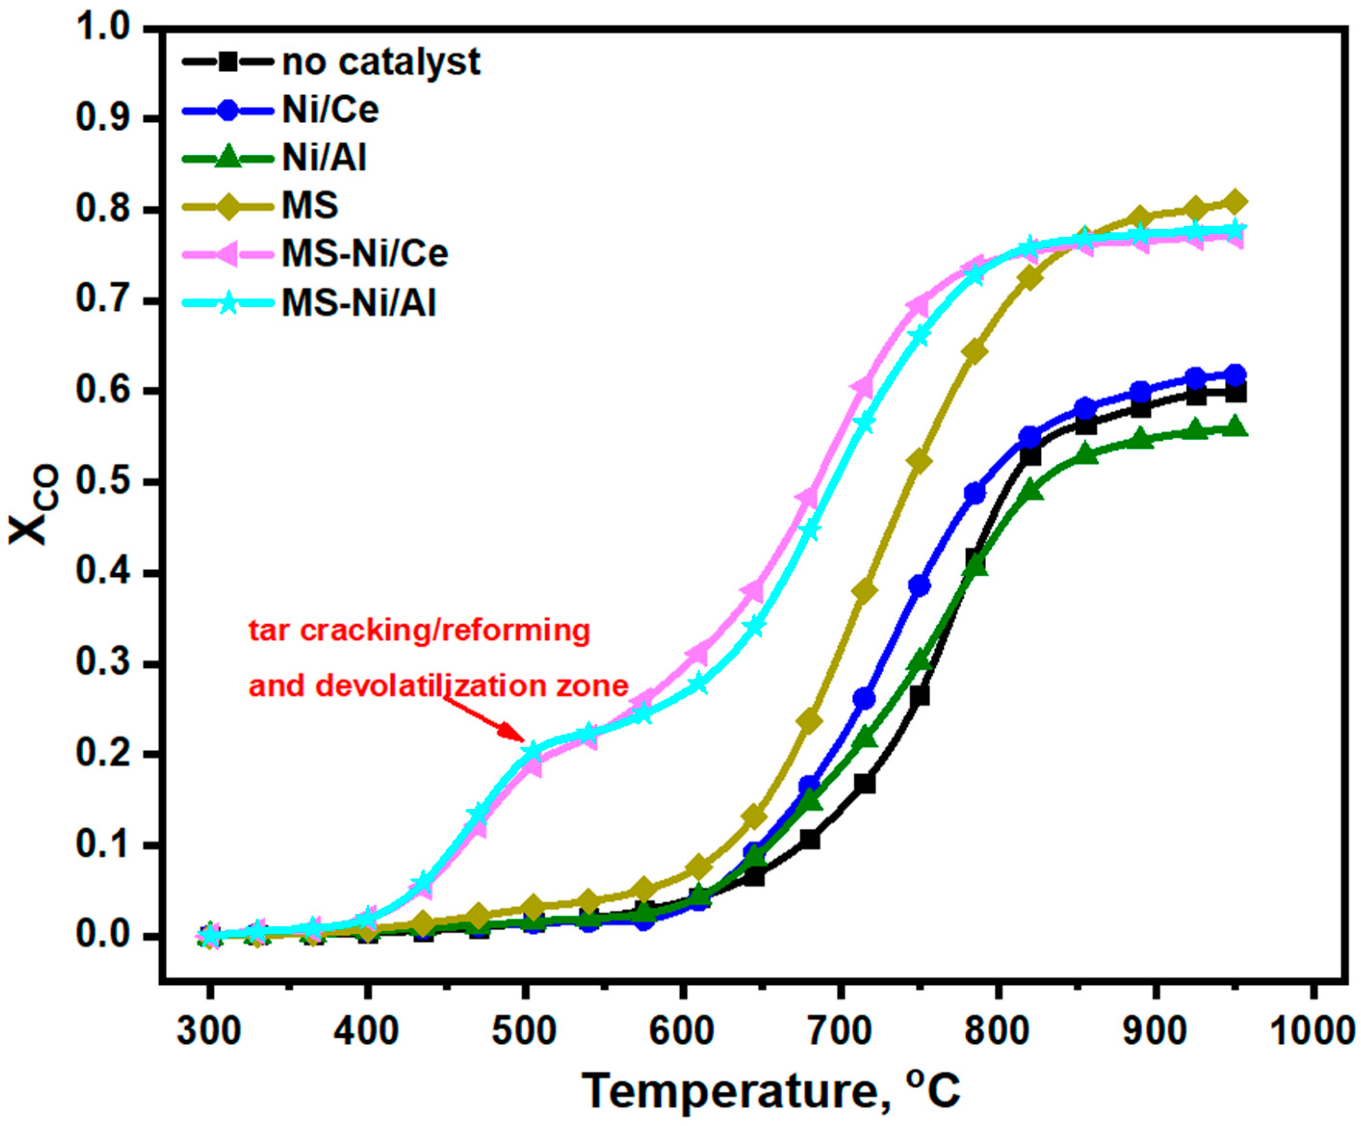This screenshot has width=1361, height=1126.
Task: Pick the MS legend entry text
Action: coord(310,205)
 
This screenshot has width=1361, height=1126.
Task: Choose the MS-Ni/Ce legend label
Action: coord(365,253)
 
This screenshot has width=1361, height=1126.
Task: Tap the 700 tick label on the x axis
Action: coord(839,1030)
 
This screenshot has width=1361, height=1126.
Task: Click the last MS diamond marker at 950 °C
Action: coord(1235,202)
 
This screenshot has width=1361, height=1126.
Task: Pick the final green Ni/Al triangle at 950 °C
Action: coord(1235,428)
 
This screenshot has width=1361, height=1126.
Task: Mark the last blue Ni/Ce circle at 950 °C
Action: coord(1235,375)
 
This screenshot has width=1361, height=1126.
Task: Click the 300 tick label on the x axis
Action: coord(209,1030)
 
